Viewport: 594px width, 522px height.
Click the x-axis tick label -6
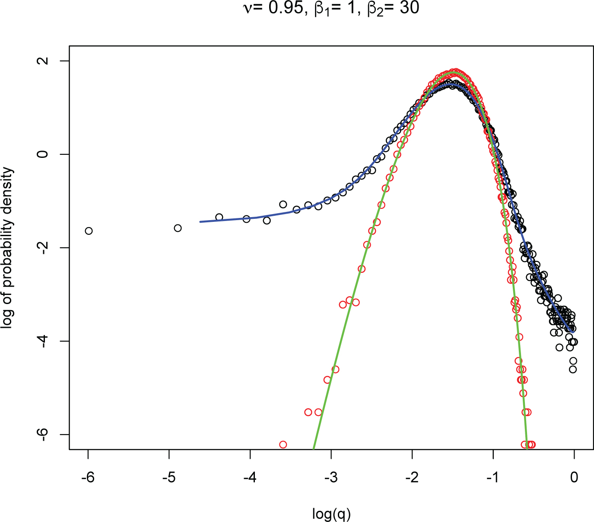point(88,478)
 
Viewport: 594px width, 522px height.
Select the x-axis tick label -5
point(168,478)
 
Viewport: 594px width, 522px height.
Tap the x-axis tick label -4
point(250,478)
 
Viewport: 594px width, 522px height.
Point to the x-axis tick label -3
point(331,478)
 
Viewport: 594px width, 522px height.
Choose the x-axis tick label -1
point(493,478)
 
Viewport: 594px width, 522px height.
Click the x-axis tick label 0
point(574,478)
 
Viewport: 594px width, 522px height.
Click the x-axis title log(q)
point(331,514)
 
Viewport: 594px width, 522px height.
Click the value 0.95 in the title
point(286,8)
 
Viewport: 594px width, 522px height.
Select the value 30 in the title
point(409,8)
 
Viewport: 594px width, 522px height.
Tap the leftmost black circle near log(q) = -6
point(89,231)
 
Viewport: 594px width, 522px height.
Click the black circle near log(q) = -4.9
point(178,228)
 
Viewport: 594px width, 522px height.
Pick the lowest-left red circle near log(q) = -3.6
point(283,445)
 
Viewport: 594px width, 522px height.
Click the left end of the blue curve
point(200,222)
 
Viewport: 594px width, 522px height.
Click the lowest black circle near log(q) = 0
point(573,369)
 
